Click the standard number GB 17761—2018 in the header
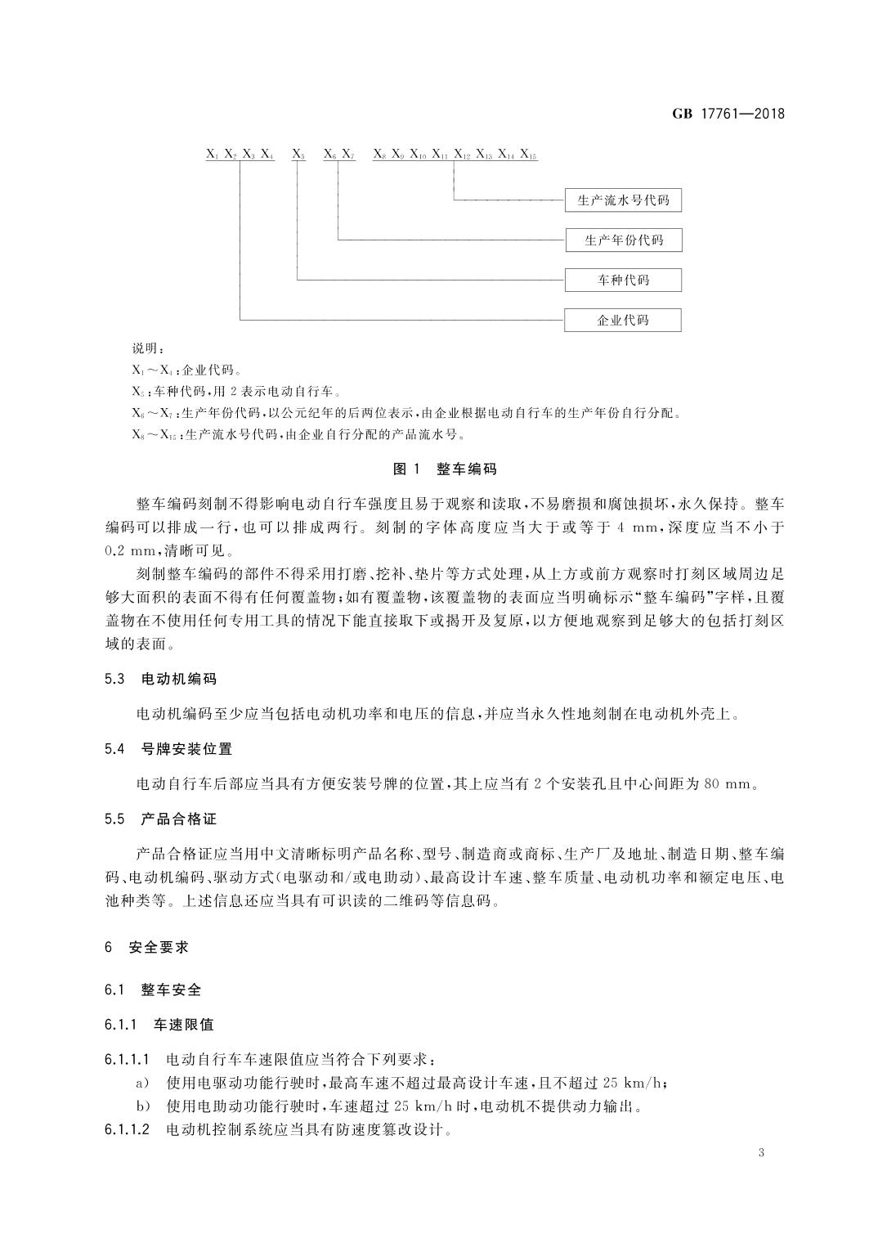point(728,114)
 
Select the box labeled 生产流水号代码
point(623,200)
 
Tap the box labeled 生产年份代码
point(623,240)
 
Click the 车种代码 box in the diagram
point(623,280)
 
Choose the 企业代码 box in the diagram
point(623,320)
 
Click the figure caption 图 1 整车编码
point(445,469)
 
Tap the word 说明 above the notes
point(148,350)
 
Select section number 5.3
point(114,679)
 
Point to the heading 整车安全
point(171,989)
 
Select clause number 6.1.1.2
point(128,1131)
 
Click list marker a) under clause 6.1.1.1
point(141,1084)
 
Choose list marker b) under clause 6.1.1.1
point(141,1107)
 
